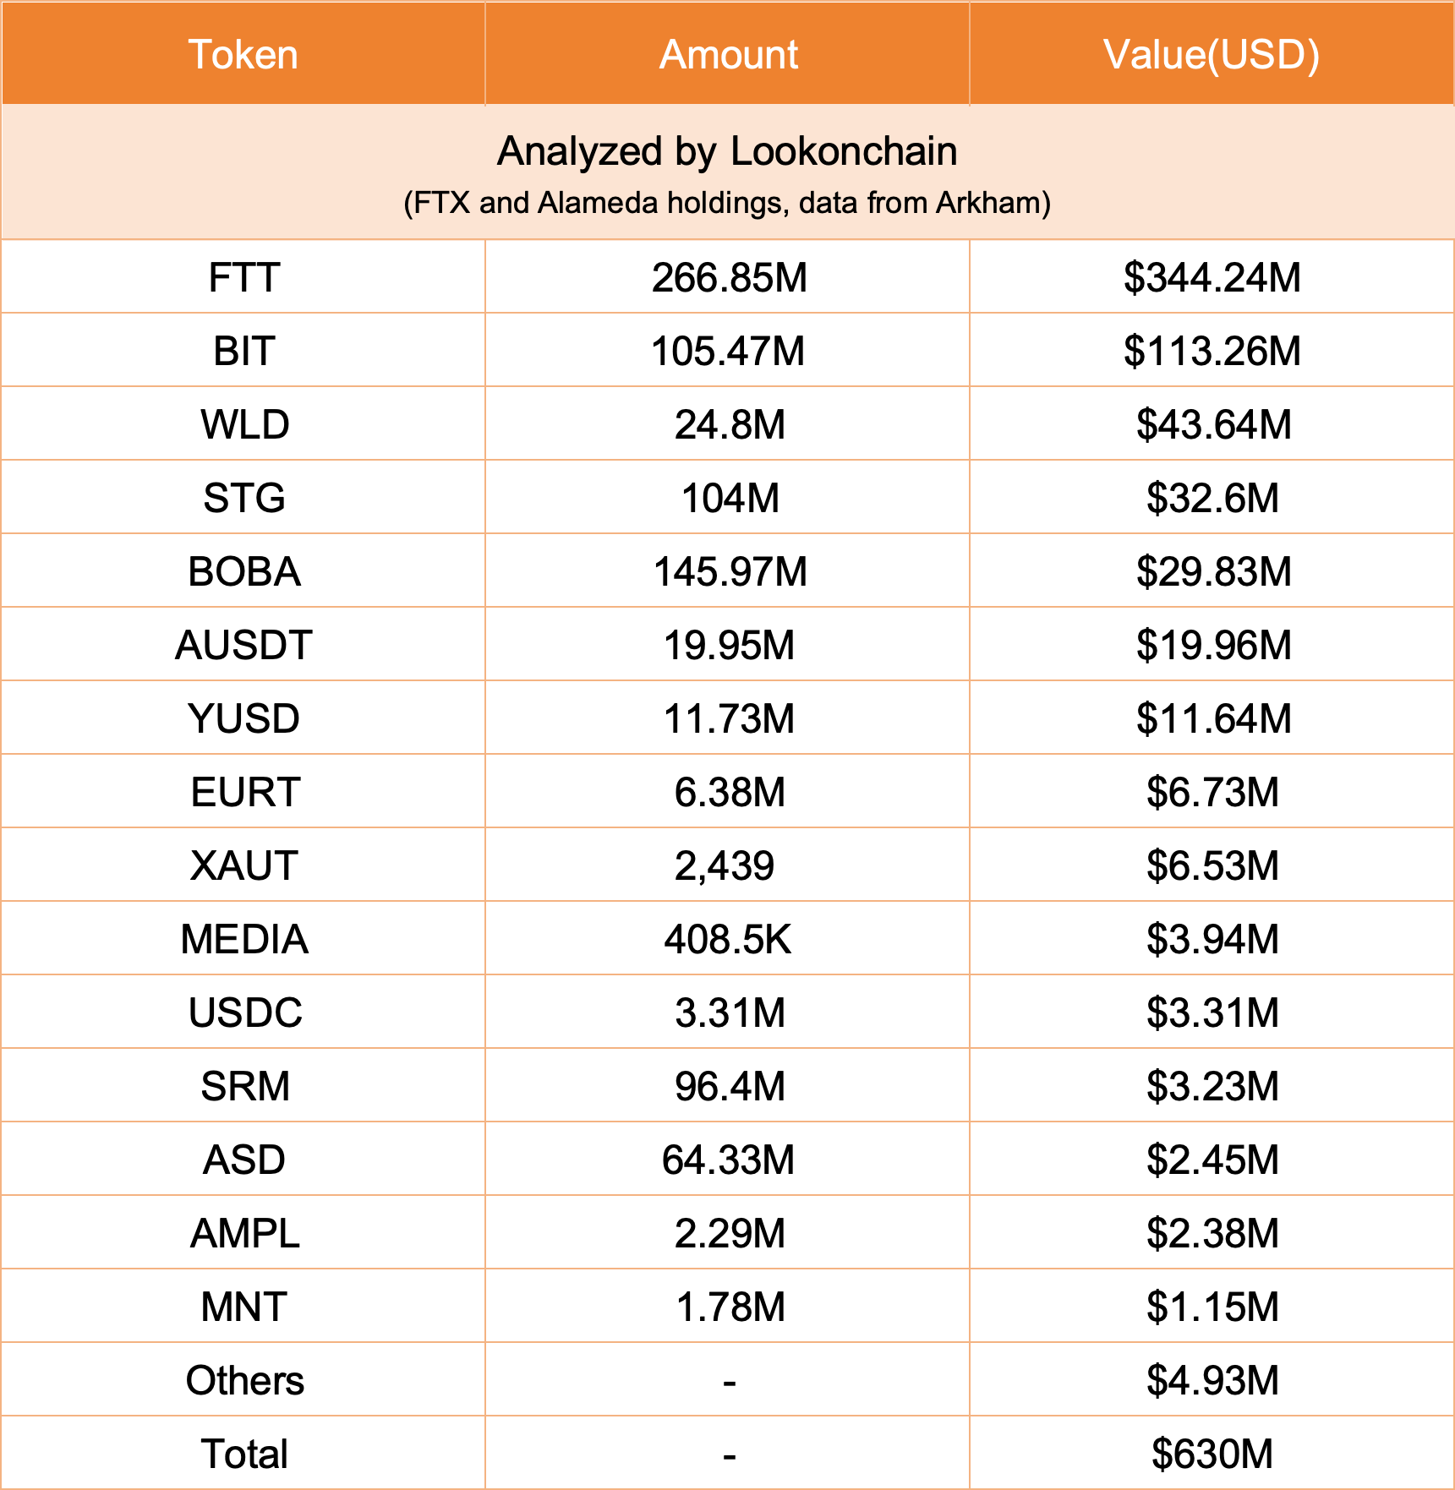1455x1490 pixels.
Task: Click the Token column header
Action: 243,55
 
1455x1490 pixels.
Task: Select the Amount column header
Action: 728,55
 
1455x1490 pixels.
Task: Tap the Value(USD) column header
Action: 1211,55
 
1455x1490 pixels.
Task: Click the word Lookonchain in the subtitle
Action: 843,152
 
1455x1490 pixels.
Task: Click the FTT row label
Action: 243,278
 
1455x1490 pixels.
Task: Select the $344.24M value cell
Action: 1212,278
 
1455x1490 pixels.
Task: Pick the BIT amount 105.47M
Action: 728,352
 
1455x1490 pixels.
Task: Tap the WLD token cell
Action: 244,425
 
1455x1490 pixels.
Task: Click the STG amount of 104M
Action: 730,499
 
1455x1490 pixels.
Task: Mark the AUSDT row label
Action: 243,646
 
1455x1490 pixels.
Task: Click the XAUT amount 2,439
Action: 725,866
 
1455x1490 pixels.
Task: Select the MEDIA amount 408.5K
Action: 728,940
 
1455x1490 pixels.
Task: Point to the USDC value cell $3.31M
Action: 1212,1013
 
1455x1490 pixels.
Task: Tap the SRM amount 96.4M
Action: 730,1087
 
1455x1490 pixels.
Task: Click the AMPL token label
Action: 244,1234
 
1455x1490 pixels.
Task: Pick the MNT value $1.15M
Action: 1212,1307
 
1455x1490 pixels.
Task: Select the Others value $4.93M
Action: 1212,1381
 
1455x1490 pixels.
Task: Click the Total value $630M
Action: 1212,1455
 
